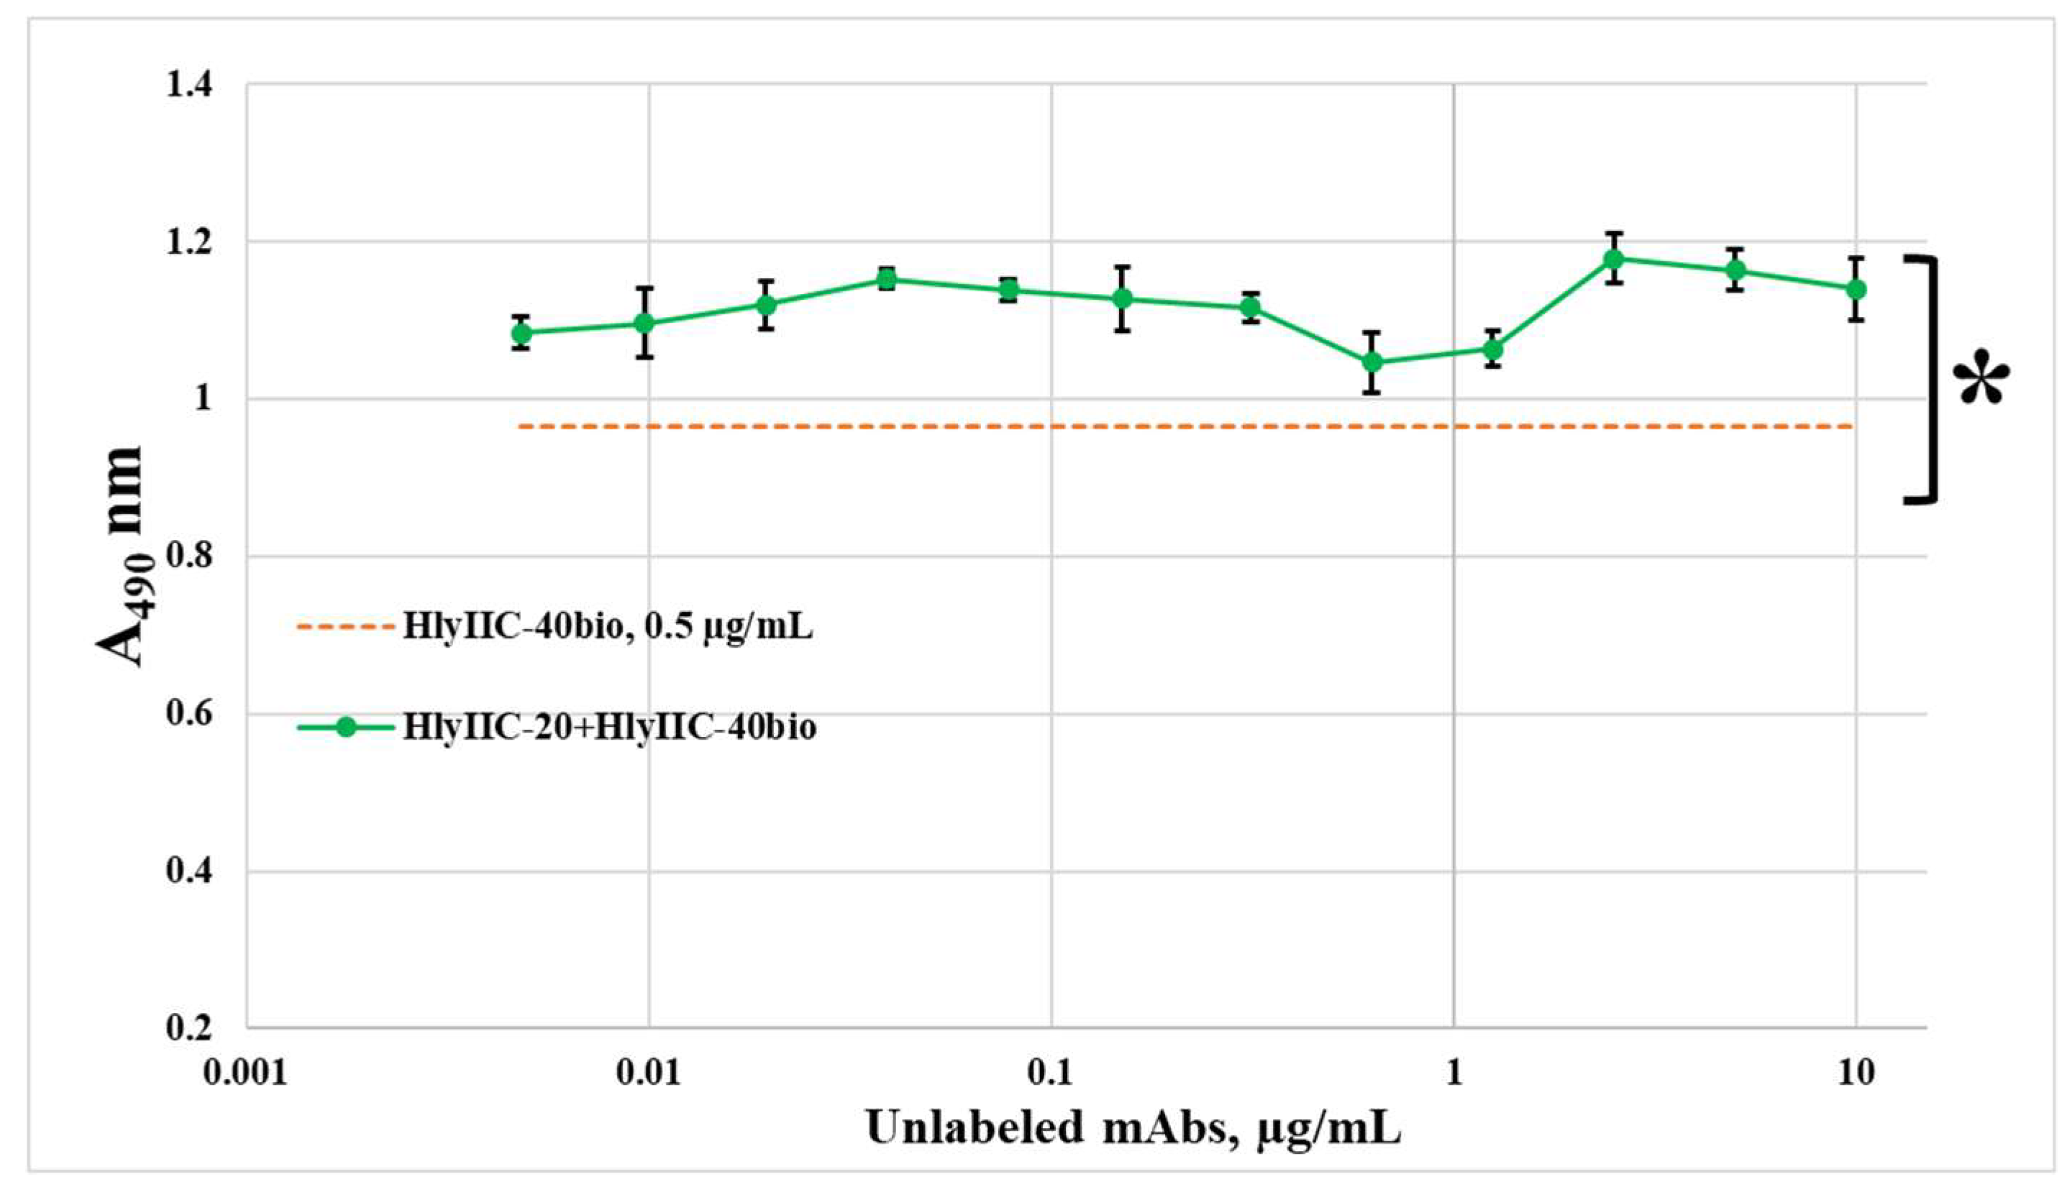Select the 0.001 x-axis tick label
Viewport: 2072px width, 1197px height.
click(246, 1073)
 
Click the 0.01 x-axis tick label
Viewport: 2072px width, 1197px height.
click(649, 1073)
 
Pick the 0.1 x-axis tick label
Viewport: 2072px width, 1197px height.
click(1051, 1073)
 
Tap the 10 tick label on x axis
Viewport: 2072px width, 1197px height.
click(1856, 1073)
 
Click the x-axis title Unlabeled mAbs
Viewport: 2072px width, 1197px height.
click(1133, 1128)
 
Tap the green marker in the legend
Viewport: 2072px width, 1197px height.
click(346, 728)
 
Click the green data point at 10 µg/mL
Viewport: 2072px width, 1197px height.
click(1856, 290)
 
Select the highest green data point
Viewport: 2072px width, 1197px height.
click(1614, 260)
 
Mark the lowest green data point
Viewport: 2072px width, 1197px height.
click(1372, 362)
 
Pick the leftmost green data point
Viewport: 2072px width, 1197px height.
click(521, 333)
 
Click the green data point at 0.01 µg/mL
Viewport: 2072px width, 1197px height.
click(644, 323)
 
